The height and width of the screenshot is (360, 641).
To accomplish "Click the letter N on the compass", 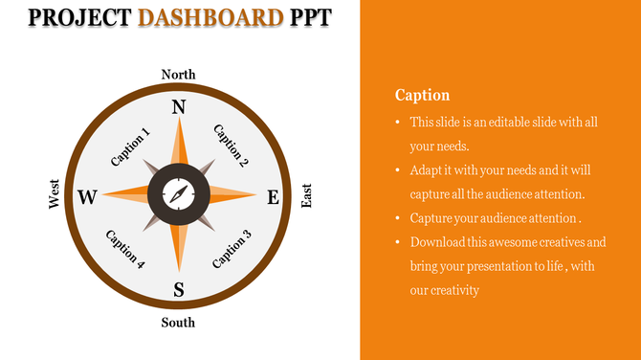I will (x=178, y=107).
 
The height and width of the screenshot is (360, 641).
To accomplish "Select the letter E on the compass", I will (x=273, y=198).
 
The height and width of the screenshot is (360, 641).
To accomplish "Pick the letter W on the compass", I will (x=87, y=198).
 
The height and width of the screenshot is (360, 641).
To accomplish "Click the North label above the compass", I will (x=178, y=75).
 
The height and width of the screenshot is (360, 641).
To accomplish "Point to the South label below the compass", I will (x=178, y=323).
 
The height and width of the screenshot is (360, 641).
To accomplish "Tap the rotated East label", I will (x=306, y=197).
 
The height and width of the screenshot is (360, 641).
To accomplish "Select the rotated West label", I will (x=55, y=193).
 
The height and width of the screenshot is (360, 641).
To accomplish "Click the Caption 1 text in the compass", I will (x=130, y=147).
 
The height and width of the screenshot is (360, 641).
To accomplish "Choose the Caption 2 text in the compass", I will (x=231, y=146).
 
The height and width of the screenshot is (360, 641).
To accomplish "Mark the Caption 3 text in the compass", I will (x=232, y=249).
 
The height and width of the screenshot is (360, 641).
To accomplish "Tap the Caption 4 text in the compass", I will (x=126, y=250).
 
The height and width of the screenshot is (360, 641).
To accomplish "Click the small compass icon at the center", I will (x=178, y=195).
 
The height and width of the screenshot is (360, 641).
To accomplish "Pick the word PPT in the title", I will (x=315, y=17).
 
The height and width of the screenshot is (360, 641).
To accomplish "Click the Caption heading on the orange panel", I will (x=422, y=95).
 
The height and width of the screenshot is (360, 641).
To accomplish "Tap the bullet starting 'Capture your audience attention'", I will (x=496, y=218).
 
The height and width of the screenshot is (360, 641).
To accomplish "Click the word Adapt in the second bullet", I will (x=428, y=170).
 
